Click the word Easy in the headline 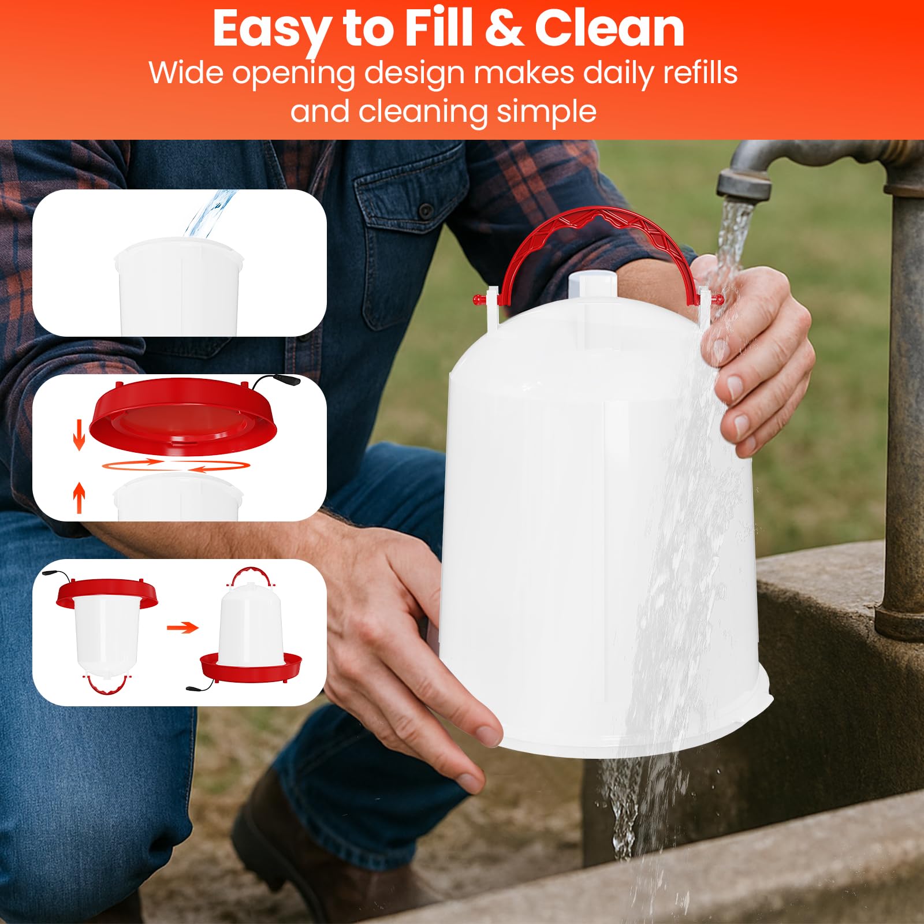271,29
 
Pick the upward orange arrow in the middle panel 79,498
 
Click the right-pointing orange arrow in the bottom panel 182,627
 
